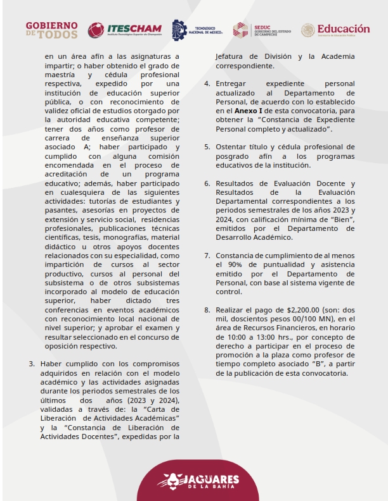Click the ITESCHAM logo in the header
124,30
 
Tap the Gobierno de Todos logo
52,30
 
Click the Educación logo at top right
335,30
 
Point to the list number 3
32,364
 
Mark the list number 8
207,310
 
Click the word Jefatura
236,56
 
